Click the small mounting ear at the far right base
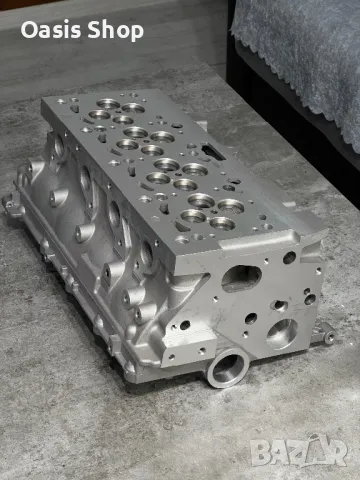click(328, 337)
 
